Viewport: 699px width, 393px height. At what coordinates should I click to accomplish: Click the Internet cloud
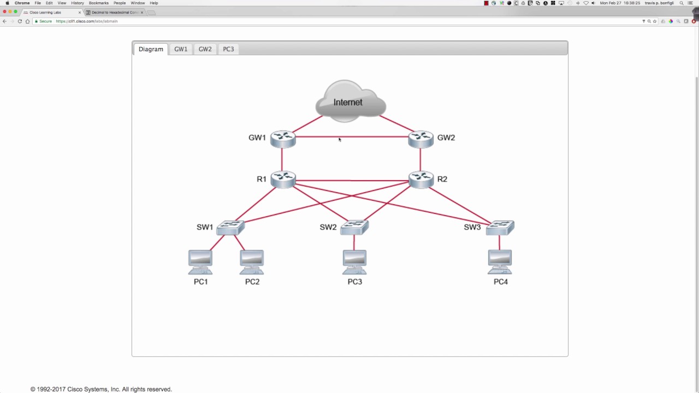350,101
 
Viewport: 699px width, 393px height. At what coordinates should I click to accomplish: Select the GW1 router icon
283,139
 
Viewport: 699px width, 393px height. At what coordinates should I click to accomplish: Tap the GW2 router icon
420,139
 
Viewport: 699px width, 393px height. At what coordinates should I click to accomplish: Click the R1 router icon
283,179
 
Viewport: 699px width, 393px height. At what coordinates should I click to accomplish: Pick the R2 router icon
420,179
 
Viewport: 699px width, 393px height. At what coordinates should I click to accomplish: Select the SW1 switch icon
230,227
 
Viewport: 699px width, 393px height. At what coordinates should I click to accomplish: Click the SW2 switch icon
354,227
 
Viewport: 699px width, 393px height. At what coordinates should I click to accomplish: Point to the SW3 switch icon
500,227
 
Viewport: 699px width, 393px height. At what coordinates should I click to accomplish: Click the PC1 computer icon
200,262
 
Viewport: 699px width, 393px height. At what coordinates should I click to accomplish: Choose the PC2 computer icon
252,262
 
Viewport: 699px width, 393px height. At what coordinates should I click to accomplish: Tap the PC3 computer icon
354,262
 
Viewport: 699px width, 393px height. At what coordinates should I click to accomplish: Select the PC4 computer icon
500,262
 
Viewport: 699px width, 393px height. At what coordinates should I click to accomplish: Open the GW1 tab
181,49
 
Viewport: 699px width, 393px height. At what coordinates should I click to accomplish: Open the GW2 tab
205,49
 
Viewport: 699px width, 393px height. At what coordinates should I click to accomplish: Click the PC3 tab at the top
228,49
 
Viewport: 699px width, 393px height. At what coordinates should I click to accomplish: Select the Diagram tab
151,49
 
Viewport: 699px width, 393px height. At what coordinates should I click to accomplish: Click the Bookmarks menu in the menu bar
98,3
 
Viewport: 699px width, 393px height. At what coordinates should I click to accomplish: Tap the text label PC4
501,282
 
